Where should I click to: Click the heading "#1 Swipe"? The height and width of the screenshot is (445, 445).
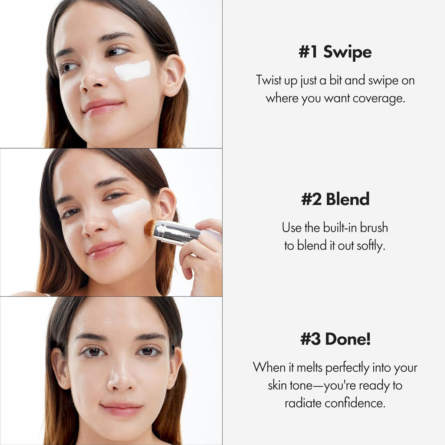pos(335,52)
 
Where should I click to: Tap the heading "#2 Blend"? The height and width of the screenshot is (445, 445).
pos(335,199)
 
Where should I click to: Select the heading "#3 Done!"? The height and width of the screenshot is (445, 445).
pos(335,339)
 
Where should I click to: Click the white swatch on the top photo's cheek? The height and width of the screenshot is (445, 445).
pos(133,70)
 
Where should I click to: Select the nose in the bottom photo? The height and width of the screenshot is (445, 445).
pos(119,378)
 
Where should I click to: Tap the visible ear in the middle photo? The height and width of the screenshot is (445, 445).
pos(166,204)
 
